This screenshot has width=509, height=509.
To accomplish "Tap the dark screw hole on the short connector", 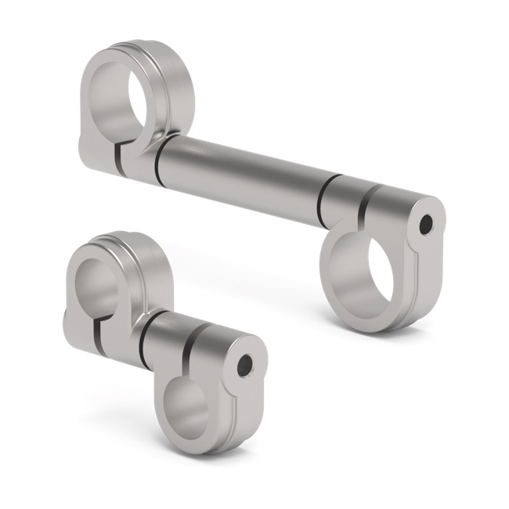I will click(x=244, y=365).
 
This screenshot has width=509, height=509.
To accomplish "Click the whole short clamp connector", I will click(x=164, y=345).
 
